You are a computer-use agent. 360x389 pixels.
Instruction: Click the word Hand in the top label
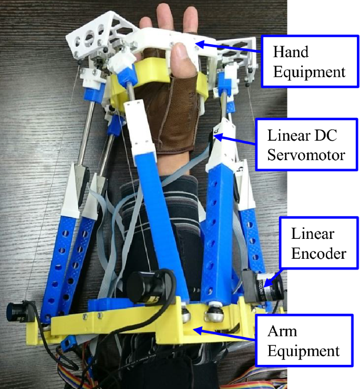291,52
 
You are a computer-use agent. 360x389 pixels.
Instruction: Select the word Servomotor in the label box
306,155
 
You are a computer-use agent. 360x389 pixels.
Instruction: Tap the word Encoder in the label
318,254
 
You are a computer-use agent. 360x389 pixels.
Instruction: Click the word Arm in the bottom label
282,331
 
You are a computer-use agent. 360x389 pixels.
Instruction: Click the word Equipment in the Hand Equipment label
309,72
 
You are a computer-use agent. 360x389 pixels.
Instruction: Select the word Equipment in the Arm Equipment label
303,352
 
